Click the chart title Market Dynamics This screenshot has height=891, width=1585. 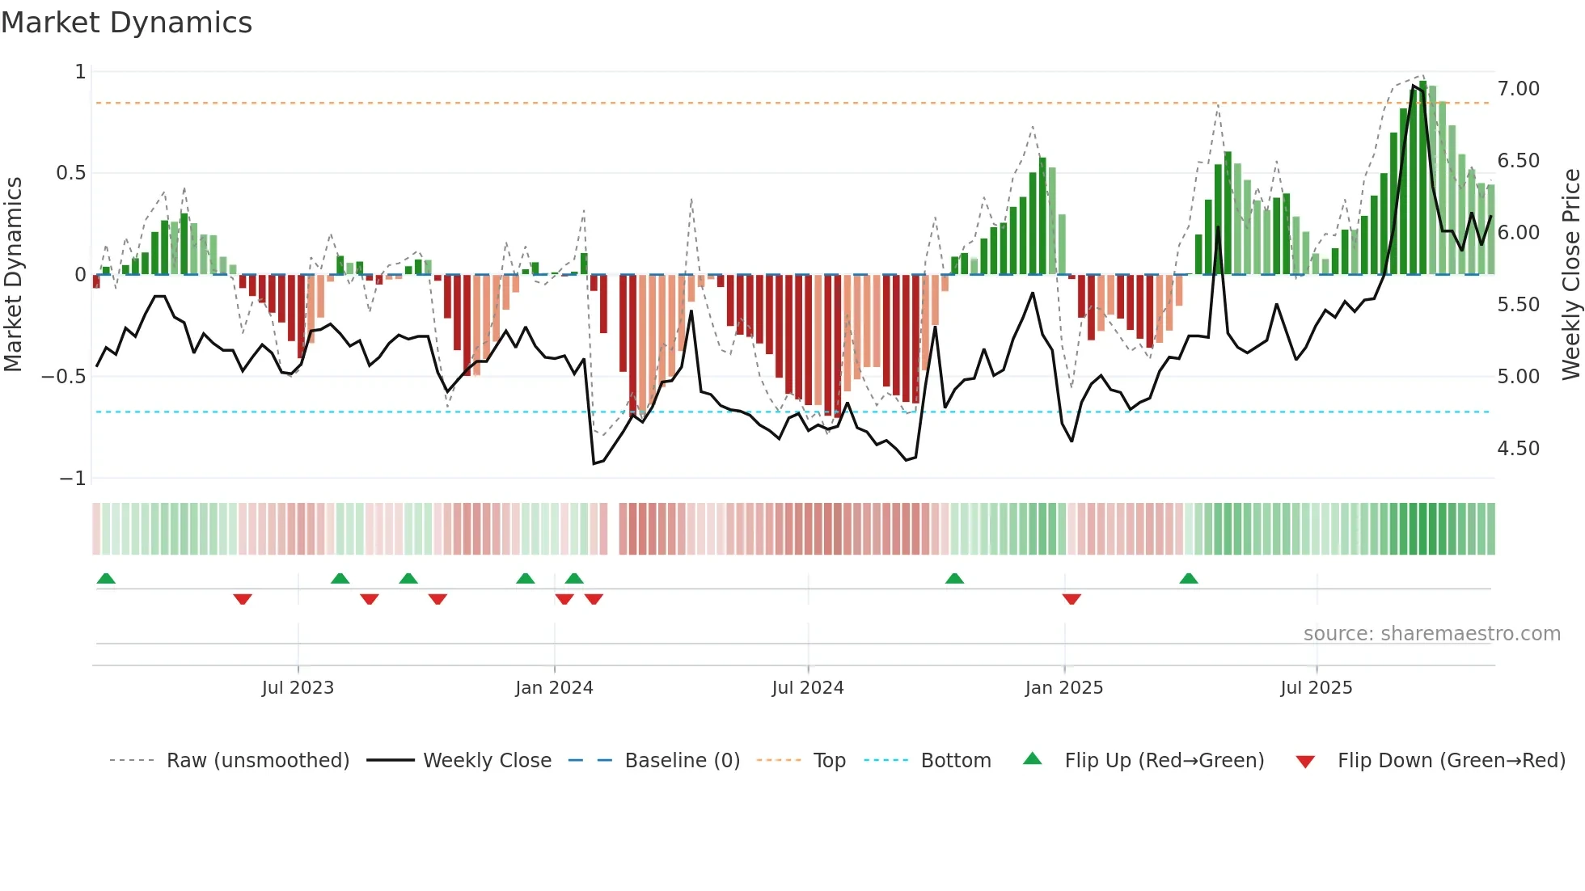126,23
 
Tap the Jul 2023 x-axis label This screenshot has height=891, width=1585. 298,688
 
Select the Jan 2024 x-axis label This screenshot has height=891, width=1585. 554,688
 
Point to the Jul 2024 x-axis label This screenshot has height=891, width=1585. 807,688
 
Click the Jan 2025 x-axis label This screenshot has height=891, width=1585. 1063,688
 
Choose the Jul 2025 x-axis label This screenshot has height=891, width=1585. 1316,688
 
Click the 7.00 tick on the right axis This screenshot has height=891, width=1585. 1518,89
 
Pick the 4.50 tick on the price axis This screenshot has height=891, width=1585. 1518,449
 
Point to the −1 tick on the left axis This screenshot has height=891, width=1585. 72,479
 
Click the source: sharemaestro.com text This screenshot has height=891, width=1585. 1431,634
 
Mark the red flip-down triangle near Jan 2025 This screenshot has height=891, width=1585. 1071,599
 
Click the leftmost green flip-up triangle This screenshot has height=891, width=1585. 106,578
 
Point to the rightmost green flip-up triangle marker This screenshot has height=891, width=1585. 1188,578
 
